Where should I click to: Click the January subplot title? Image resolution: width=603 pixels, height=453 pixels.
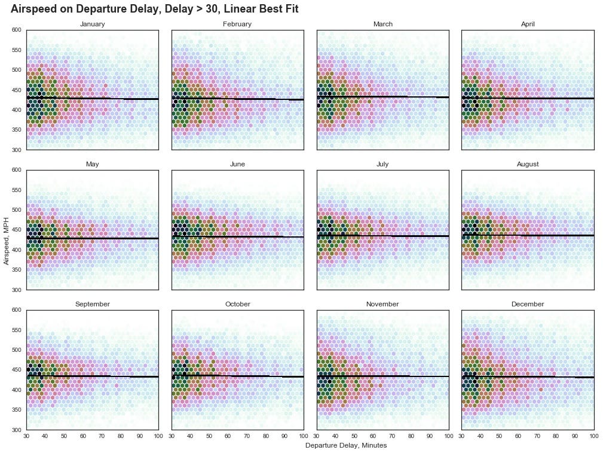[92, 24]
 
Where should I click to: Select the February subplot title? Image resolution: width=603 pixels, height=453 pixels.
[237, 24]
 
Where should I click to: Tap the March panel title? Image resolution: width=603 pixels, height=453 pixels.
[382, 24]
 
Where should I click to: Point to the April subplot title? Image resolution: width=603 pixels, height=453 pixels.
[528, 24]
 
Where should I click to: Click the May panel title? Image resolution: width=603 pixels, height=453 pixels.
[92, 164]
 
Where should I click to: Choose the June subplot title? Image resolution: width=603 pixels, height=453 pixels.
[237, 164]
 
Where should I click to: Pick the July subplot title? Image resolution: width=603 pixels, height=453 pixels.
[382, 164]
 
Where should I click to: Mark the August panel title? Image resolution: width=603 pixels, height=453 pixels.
[528, 164]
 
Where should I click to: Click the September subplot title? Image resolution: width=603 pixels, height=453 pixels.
[92, 304]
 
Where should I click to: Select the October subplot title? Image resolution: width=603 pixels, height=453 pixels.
[237, 304]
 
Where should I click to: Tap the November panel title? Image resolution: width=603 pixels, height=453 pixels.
[382, 304]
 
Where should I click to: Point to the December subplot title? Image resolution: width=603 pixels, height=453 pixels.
[528, 304]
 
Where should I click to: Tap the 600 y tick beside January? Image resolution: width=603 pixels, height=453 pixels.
[16, 30]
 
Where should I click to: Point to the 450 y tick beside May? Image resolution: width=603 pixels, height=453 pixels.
[16, 230]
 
